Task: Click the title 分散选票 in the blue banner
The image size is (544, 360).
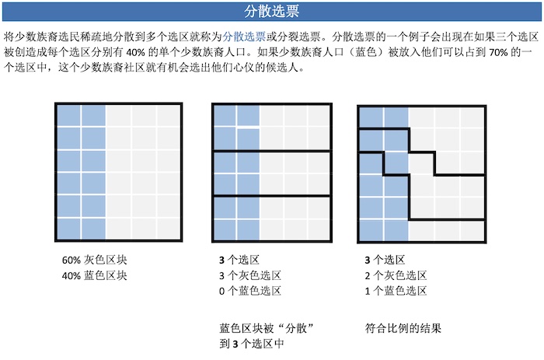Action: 271,12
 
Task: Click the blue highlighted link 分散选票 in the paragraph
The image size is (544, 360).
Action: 244,37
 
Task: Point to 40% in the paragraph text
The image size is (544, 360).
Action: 136,52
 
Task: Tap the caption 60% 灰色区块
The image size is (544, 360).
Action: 94,260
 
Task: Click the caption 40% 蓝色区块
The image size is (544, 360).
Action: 94,275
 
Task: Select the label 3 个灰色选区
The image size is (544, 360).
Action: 249,275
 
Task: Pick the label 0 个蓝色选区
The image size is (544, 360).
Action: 249,291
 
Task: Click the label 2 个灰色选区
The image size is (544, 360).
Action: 396,275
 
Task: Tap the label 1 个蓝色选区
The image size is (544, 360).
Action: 396,291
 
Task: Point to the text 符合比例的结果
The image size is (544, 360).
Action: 403,328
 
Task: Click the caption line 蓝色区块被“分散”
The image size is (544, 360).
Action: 267,328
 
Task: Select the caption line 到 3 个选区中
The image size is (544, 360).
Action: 252,344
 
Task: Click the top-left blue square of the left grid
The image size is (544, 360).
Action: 68,116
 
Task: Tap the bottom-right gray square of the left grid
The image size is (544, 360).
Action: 169,229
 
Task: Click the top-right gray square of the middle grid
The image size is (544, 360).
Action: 318,116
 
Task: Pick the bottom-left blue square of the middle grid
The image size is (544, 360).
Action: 225,229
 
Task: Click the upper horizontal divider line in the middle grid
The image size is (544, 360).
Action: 272,151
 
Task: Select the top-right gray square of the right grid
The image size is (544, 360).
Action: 472,117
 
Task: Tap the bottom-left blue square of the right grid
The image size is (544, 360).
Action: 371,230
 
